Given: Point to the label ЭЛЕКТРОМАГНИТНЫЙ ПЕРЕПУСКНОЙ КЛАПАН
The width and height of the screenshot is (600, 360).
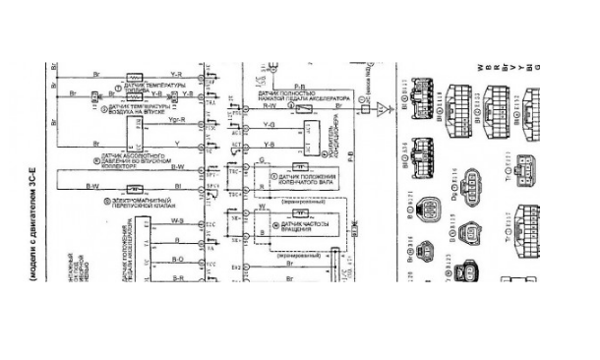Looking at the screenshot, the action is tap(139, 205).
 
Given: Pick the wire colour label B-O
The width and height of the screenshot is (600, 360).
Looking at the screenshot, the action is tap(178, 259).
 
